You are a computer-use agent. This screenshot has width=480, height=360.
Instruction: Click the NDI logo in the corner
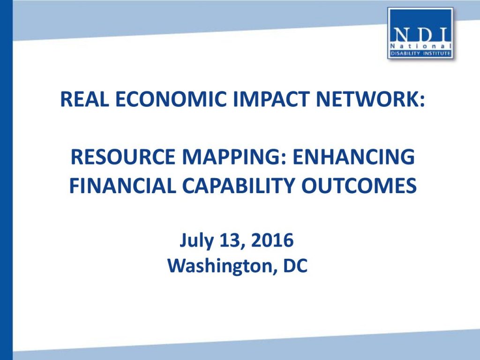(x=420, y=33)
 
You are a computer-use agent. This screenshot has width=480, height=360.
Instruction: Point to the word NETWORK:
(x=370, y=99)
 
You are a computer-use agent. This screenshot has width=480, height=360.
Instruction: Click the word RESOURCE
(x=123, y=157)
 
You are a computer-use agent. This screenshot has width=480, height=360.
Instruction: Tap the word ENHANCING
(x=353, y=157)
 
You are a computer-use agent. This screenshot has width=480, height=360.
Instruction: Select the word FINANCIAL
(x=122, y=186)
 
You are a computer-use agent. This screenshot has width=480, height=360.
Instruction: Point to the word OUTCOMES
(x=359, y=186)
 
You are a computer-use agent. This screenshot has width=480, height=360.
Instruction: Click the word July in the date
(x=196, y=240)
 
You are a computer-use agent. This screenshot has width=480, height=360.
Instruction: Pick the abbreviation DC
(x=295, y=266)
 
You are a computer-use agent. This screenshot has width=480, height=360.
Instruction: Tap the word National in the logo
(x=421, y=46)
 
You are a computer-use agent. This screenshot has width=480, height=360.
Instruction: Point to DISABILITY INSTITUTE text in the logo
(x=420, y=54)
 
